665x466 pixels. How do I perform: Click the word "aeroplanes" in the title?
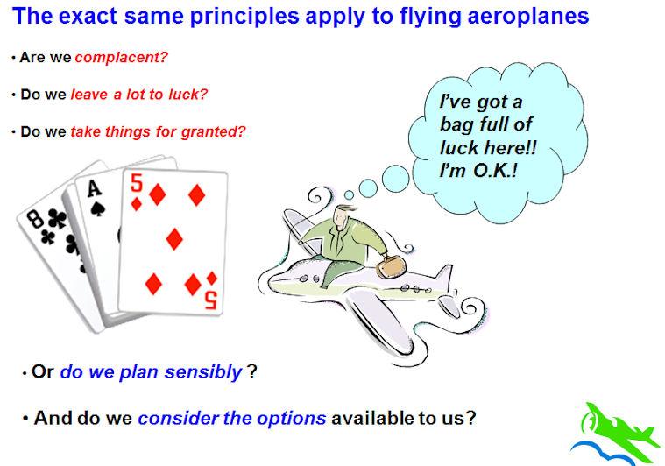click(528, 17)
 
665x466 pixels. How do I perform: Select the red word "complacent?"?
click(121, 57)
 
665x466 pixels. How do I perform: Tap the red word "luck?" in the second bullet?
click(187, 94)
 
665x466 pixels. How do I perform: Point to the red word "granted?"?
click(213, 132)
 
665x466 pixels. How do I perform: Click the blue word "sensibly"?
click(202, 372)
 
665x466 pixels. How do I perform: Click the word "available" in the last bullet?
click(372, 418)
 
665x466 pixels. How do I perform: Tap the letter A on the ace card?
click(94, 188)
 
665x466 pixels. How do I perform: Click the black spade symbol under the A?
click(98, 209)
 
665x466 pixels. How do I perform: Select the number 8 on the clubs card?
click(36, 219)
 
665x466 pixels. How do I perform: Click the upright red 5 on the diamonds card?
click(137, 183)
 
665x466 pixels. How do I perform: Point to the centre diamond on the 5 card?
click(174, 239)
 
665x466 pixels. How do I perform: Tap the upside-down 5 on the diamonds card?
click(211, 300)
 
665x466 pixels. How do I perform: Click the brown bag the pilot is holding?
click(391, 266)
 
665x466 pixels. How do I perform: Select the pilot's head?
click(343, 216)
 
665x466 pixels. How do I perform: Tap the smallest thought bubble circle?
click(349, 195)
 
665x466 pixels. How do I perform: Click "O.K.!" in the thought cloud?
click(495, 171)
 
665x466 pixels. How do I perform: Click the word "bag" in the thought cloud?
click(456, 125)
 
